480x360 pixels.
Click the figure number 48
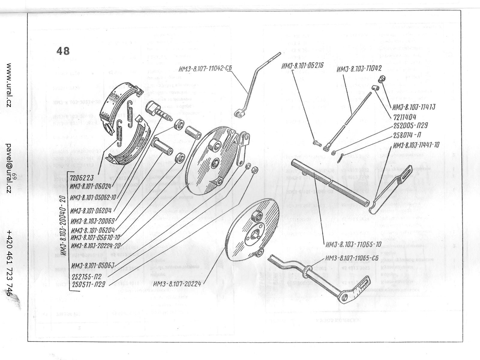(63, 51)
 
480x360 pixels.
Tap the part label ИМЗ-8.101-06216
(302, 66)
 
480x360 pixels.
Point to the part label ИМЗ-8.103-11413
(414, 107)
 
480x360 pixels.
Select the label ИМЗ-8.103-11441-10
(416, 145)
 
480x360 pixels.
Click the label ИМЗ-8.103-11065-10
(353, 244)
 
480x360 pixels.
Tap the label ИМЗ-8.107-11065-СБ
(351, 258)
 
